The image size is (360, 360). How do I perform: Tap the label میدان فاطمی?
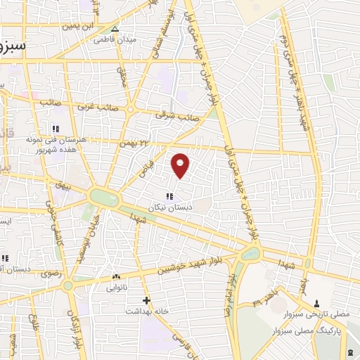[x=115, y=39]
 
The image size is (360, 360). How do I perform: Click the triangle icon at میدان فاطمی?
[x=115, y=29]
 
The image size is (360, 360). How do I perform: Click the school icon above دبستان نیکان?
[x=169, y=196]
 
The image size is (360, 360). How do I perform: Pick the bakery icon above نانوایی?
[x=116, y=277]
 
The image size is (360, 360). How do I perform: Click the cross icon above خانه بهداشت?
[x=146, y=300]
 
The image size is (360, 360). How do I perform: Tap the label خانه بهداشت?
[x=143, y=310]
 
